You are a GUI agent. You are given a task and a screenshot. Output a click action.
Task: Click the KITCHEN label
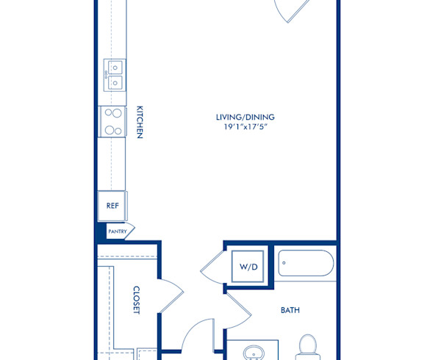(x=138, y=122)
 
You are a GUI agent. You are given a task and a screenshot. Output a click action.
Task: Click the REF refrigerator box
(x=112, y=206)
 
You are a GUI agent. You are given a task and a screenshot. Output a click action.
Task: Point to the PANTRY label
(x=117, y=231)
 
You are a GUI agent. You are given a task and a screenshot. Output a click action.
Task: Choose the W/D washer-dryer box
(x=246, y=266)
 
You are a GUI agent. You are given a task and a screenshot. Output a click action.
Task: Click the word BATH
(x=290, y=310)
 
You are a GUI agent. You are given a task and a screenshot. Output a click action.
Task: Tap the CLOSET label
(x=137, y=300)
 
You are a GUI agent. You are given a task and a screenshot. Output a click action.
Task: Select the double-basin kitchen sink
(x=113, y=75)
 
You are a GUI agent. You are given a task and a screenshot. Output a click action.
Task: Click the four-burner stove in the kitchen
(x=113, y=121)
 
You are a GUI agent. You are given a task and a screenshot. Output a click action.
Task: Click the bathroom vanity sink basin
(x=254, y=353)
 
